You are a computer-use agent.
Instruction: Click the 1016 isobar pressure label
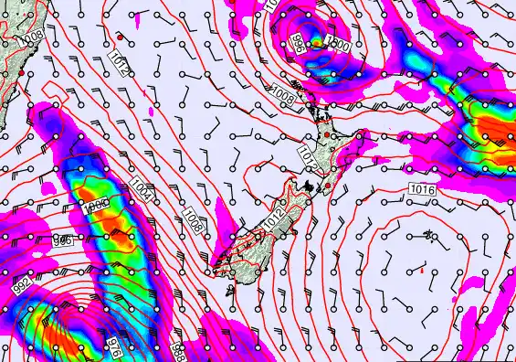[x=422, y=188]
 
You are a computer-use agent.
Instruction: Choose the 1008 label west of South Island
[x=195, y=218]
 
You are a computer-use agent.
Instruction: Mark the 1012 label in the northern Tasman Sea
[x=118, y=60]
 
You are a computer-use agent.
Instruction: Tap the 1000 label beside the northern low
[x=339, y=44]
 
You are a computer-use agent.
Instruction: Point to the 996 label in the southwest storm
[x=62, y=240]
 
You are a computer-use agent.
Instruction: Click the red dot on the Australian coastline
[x=21, y=71]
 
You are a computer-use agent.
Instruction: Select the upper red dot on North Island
[x=325, y=134]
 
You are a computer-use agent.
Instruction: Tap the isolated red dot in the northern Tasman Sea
[x=120, y=36]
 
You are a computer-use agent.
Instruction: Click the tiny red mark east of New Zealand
[x=421, y=270]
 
